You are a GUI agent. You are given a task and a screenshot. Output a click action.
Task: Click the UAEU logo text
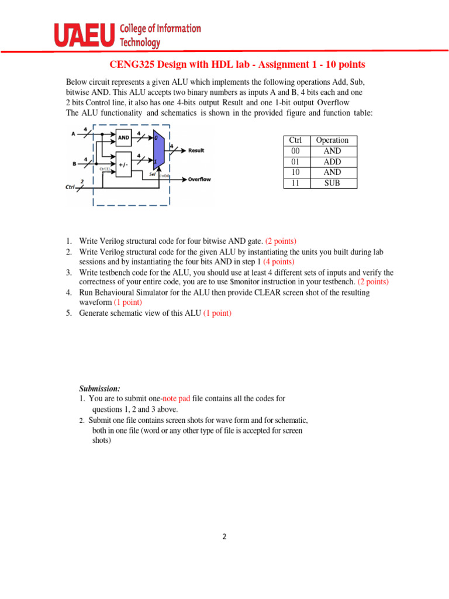tap(84, 36)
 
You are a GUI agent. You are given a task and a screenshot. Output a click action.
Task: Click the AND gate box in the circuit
tap(124, 138)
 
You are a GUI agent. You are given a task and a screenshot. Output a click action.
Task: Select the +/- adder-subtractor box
tap(123, 164)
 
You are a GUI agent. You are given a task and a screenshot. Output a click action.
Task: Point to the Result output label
tap(196, 150)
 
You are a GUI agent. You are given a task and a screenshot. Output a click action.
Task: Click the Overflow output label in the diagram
tap(199, 179)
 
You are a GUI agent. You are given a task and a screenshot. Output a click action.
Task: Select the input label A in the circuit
tap(74, 133)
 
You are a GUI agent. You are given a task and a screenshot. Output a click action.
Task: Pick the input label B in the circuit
tap(74, 164)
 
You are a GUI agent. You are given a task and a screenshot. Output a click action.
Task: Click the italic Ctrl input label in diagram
tap(70, 187)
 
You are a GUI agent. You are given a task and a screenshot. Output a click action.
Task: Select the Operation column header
tap(332, 140)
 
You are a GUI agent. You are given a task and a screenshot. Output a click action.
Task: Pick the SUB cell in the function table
tap(332, 183)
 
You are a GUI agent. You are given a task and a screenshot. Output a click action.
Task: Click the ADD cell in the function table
tap(332, 161)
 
